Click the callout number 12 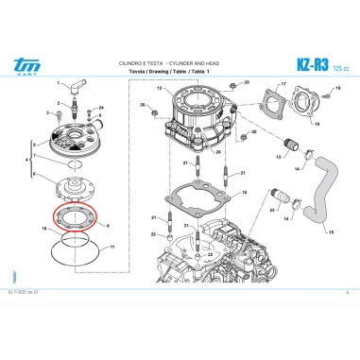click(160, 88)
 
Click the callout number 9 click(109, 226)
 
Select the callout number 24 click(100, 109)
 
